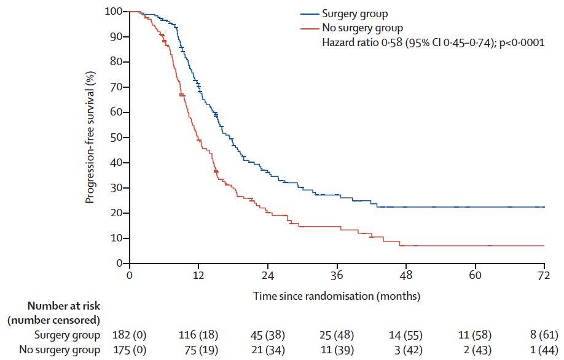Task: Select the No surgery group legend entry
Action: [x=362, y=28]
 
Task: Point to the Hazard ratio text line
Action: [x=433, y=43]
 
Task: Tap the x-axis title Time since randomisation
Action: [x=337, y=296]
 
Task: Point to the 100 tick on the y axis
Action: [x=115, y=12]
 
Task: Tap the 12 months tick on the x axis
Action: [x=198, y=276]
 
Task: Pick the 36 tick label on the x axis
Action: [x=337, y=276]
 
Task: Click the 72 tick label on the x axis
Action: [x=544, y=276]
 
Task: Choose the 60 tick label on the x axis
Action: [x=475, y=276]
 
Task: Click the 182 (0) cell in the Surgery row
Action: [x=130, y=335]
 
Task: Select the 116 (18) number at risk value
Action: [x=198, y=335]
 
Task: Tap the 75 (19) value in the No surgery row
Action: [x=198, y=350]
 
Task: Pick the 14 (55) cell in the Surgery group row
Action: [x=405, y=335]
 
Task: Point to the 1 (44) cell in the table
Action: [x=544, y=350]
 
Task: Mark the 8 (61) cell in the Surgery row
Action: [x=544, y=335]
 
